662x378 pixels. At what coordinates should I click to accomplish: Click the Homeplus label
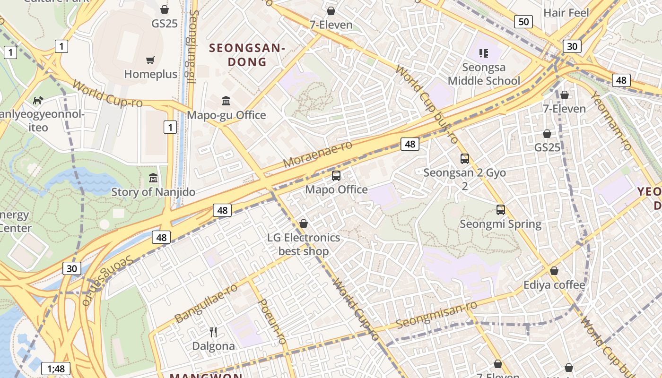tap(151, 74)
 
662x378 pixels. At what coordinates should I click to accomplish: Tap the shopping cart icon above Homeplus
tap(150, 60)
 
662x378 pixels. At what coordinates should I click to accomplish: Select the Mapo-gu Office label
tap(226, 115)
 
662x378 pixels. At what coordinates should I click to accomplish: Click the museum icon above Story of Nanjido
tap(153, 178)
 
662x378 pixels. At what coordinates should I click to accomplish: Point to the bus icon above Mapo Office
tap(336, 176)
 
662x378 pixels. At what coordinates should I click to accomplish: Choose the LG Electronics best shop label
tap(304, 244)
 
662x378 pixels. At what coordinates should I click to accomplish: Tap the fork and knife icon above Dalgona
tap(213, 332)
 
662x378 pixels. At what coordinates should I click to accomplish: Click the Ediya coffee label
tap(554, 285)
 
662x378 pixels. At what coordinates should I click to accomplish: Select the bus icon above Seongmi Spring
tap(501, 210)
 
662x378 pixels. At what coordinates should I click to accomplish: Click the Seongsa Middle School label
tap(484, 74)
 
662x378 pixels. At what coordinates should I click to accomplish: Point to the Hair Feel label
tap(566, 13)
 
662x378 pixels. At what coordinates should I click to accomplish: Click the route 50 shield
tap(523, 21)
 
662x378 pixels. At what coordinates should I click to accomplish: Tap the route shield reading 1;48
tap(56, 369)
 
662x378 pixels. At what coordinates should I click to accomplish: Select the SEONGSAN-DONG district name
tap(247, 55)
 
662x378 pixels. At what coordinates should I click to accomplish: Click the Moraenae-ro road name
tap(318, 154)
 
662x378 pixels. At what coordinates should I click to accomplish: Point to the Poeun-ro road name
tap(273, 321)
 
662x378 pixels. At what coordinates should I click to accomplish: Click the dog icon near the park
tap(38, 100)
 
